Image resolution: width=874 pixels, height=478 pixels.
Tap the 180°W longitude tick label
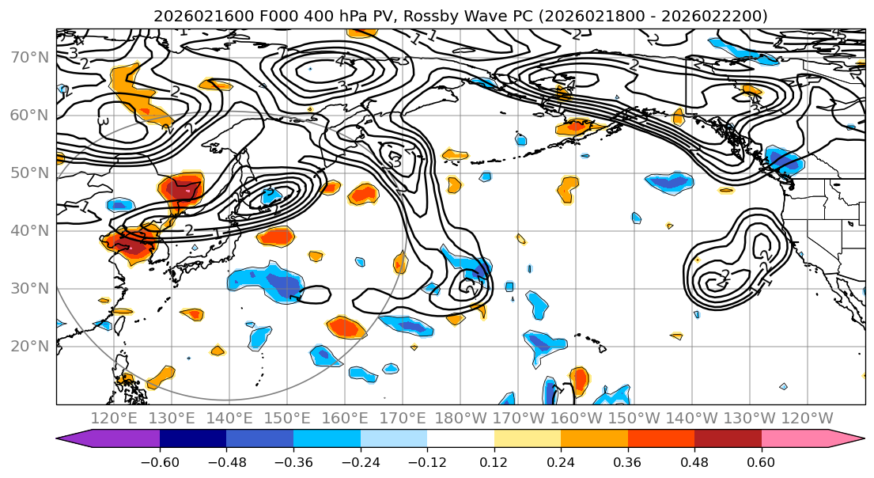coord(460,418)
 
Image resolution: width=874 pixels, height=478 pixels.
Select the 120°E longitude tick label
coord(114,418)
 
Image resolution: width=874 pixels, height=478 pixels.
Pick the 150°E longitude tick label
coord(287,418)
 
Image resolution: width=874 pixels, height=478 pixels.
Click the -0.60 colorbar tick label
coord(160,462)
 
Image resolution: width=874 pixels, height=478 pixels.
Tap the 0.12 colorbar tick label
coord(494,462)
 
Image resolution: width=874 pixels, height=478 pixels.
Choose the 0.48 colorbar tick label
coord(694,462)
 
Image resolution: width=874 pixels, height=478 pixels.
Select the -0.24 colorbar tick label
coord(361,462)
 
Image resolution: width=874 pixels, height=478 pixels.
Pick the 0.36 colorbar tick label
coord(628,462)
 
